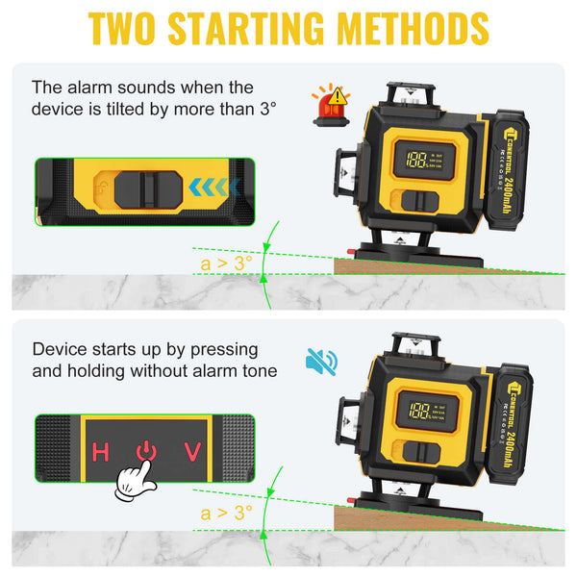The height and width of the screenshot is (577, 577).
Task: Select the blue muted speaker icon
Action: pyautogui.click(x=320, y=363)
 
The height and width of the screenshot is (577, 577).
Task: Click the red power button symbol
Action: pyautogui.click(x=145, y=450)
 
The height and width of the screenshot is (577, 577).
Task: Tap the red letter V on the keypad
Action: pyautogui.click(x=192, y=451)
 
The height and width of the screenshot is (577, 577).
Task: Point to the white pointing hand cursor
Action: pyautogui.click(x=137, y=480)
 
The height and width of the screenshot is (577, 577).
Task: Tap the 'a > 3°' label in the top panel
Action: pyautogui.click(x=226, y=261)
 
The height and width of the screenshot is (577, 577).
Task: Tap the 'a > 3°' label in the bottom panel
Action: pyautogui.click(x=226, y=513)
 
